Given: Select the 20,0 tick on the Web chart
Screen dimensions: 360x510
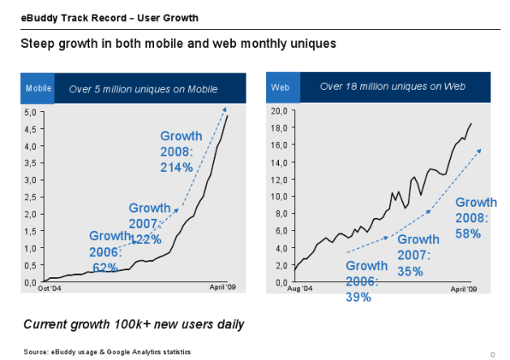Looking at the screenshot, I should click(279, 110).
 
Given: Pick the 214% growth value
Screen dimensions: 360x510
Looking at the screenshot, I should click(176, 168).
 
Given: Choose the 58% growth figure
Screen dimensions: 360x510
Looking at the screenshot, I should click(469, 234).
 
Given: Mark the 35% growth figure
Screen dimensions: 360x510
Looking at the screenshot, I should click(410, 271).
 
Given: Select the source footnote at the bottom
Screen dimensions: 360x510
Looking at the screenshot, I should click(107, 352).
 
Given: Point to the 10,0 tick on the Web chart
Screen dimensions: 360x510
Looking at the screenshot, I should click(279, 196).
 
